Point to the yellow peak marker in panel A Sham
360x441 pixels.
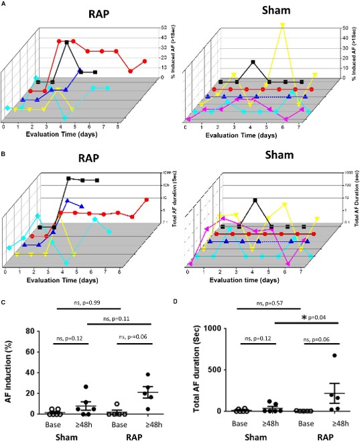283,25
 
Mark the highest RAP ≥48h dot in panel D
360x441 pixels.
333,355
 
